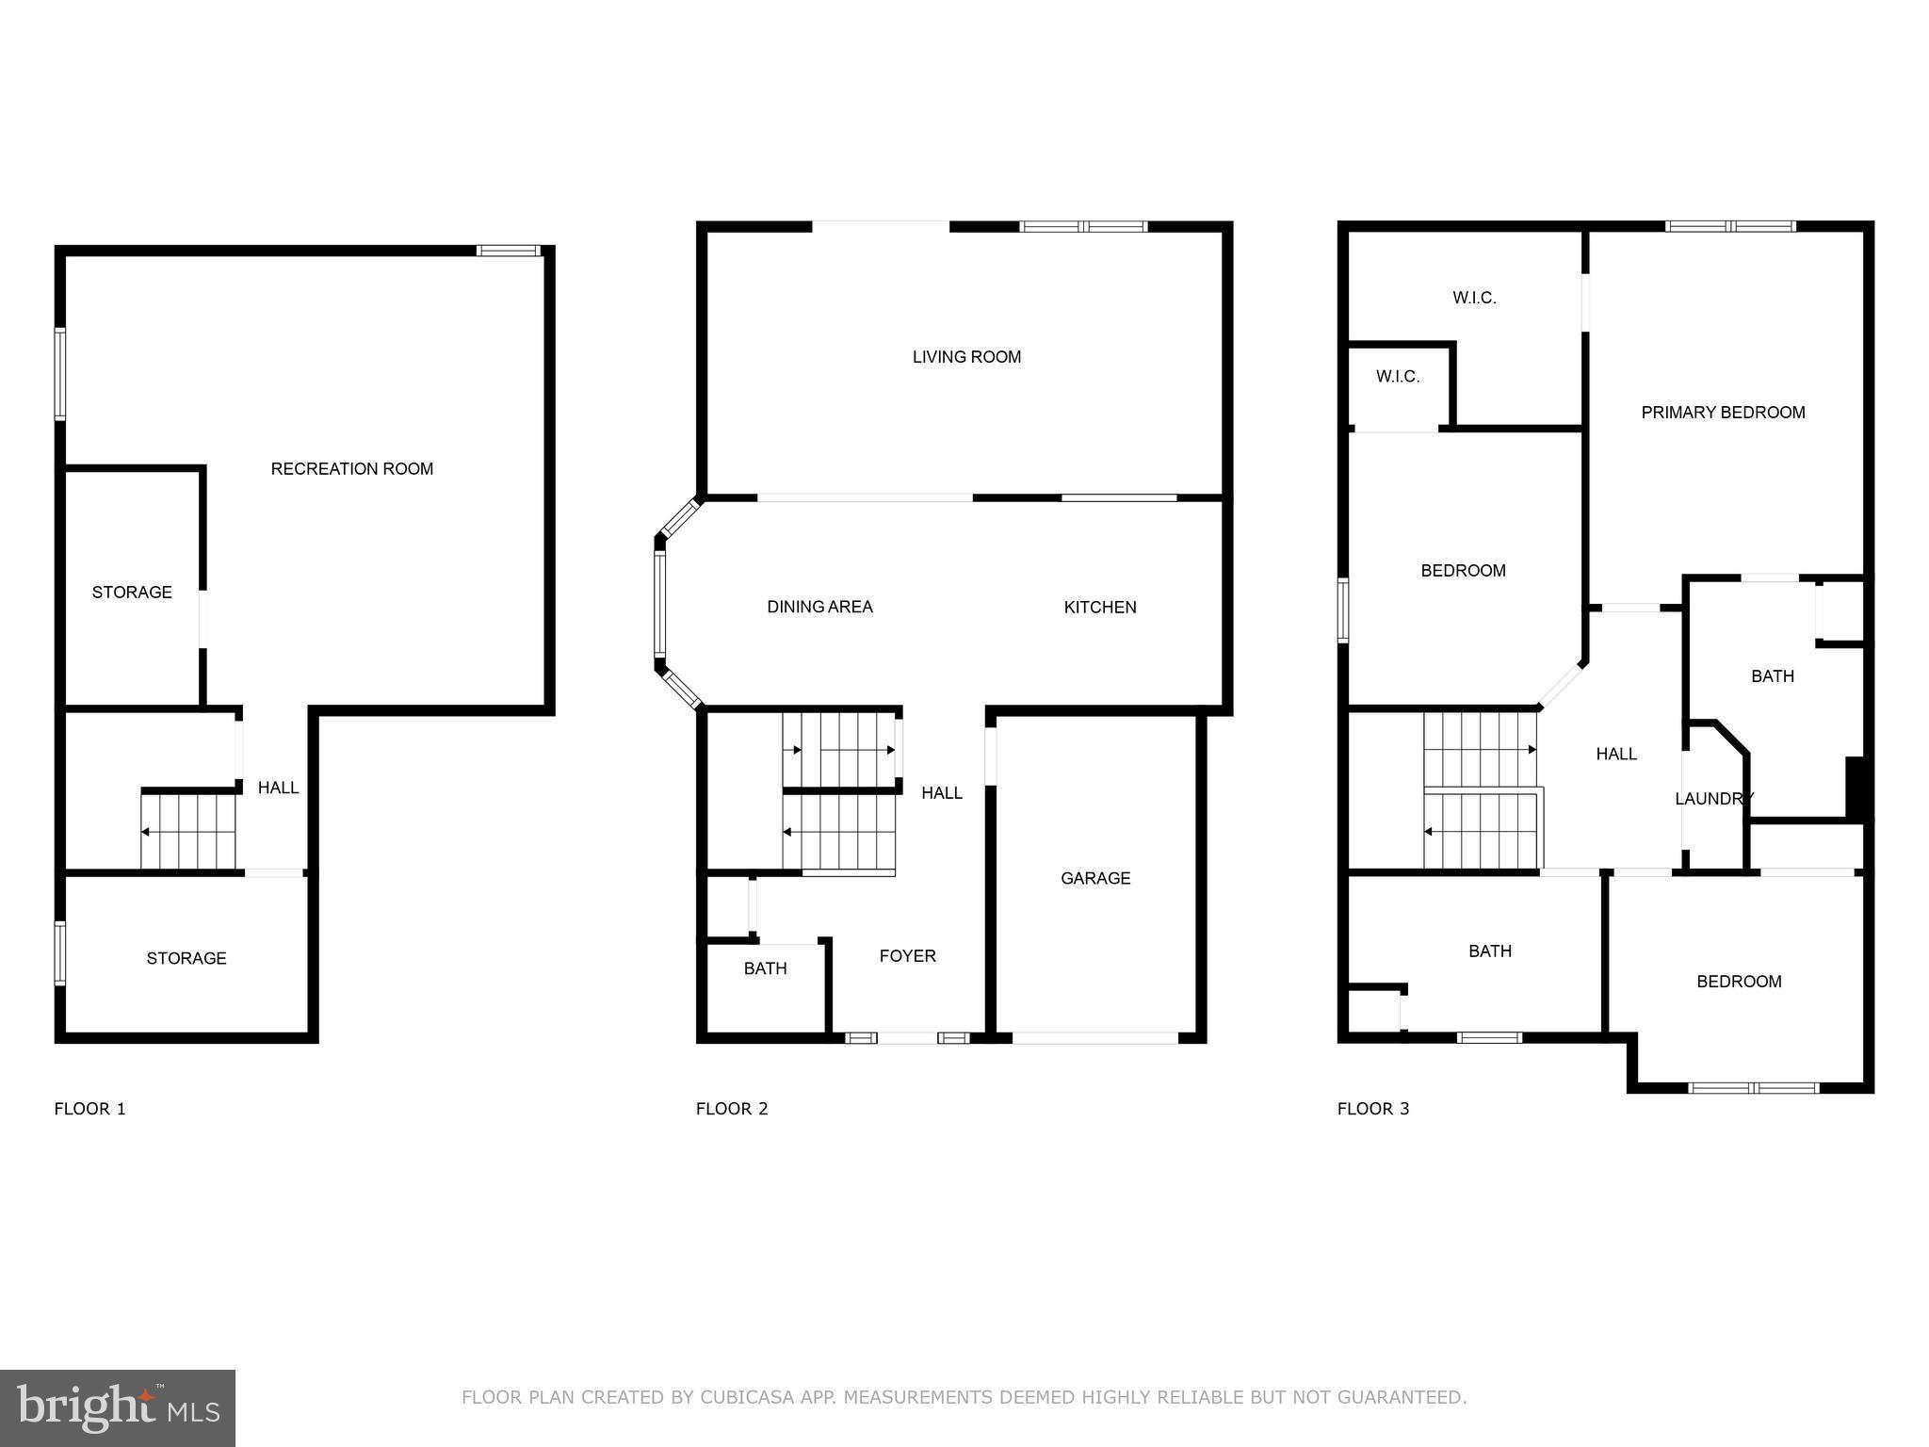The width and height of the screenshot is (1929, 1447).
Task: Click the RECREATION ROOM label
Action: pyautogui.click(x=351, y=469)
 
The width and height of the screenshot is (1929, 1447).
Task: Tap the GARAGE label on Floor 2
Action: pyautogui.click(x=1094, y=878)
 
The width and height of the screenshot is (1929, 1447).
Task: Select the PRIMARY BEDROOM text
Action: pyautogui.click(x=1722, y=413)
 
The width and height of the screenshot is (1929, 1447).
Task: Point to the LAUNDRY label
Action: pyautogui.click(x=1713, y=799)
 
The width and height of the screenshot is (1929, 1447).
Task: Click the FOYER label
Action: pyautogui.click(x=907, y=956)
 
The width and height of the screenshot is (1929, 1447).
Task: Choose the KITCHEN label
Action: pyautogui.click(x=1099, y=608)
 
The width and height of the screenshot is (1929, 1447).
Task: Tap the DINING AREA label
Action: pyautogui.click(x=819, y=608)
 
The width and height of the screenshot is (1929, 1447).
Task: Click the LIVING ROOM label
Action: pyautogui.click(x=966, y=357)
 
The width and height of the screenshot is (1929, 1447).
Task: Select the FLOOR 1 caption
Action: pyautogui.click(x=89, y=1109)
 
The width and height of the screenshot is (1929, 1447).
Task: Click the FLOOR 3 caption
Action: pyautogui.click(x=1372, y=1109)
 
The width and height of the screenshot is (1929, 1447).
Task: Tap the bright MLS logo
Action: pyautogui.click(x=118, y=1407)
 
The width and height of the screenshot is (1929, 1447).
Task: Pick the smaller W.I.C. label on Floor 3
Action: pyautogui.click(x=1397, y=377)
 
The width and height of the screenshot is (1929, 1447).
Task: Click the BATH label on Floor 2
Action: pyautogui.click(x=765, y=968)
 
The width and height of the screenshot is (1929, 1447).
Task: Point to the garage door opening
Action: pyautogui.click(x=1094, y=1038)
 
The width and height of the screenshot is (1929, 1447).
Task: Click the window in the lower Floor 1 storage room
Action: pyautogui.click(x=60, y=953)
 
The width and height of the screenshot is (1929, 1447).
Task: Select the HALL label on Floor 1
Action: pyautogui.click(x=278, y=788)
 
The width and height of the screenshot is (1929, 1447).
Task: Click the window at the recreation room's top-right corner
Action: pyautogui.click(x=508, y=251)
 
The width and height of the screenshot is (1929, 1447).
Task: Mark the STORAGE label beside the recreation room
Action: pyautogui.click(x=132, y=593)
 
